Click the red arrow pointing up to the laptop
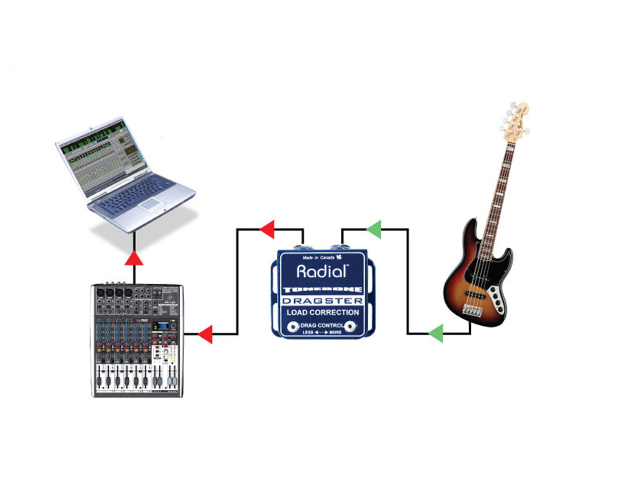click(x=134, y=259)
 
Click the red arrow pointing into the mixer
click(x=205, y=334)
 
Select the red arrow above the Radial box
click(x=268, y=229)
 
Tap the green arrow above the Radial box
click(x=374, y=229)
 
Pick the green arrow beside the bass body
click(x=436, y=334)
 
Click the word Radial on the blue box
click(x=322, y=271)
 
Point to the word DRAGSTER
click(x=322, y=301)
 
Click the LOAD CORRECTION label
click(x=322, y=312)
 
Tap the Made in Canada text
click(x=319, y=257)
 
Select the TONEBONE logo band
click(x=322, y=290)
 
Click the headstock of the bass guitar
click(x=515, y=119)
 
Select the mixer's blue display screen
click(x=162, y=326)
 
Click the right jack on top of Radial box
click(x=337, y=247)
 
